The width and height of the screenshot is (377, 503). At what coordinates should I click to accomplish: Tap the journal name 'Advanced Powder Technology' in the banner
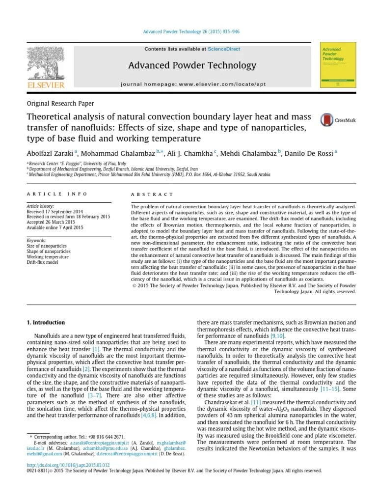pyautogui.click(x=192, y=65)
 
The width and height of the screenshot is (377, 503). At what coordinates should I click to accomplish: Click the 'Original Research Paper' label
pyautogui.click(x=60, y=104)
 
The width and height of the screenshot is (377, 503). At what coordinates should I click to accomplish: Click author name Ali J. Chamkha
pyautogui.click(x=192, y=152)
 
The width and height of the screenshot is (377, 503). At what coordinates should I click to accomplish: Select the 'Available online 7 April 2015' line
pyautogui.click(x=55, y=227)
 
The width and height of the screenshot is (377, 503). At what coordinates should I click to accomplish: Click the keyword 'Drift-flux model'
pyautogui.click(x=42, y=262)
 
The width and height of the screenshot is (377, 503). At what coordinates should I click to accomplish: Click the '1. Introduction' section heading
pyautogui.click(x=45, y=323)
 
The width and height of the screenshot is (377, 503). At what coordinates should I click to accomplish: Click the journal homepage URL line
pyautogui.click(x=193, y=84)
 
